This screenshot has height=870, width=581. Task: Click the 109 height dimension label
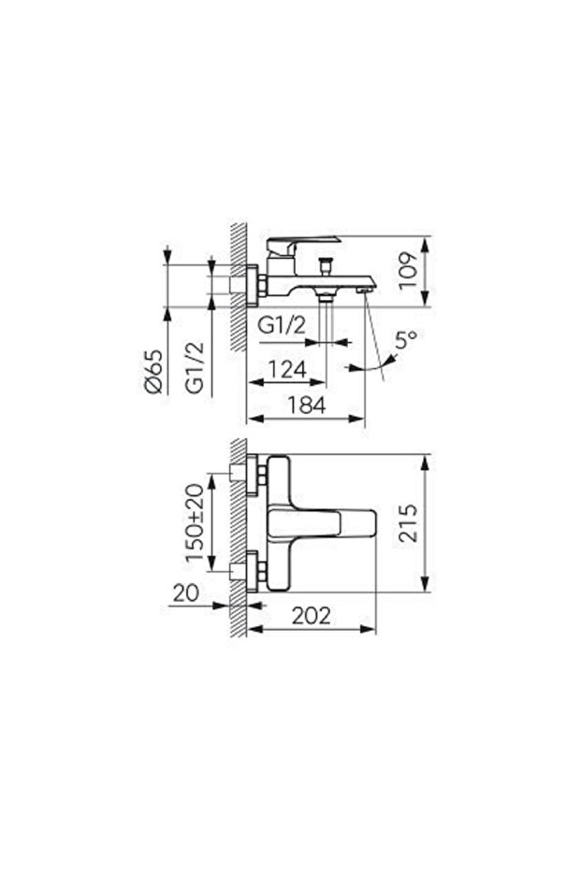407,270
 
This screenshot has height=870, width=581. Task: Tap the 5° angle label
405,339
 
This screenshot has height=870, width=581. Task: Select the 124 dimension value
286,369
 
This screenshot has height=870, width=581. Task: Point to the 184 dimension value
307,405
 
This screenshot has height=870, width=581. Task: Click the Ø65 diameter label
153,372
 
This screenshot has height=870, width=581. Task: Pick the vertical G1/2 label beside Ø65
195,368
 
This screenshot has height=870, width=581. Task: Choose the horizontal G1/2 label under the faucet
282,325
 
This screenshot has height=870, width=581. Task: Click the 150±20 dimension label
195,522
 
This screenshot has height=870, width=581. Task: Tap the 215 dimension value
407,523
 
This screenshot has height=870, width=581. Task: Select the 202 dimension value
311,615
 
